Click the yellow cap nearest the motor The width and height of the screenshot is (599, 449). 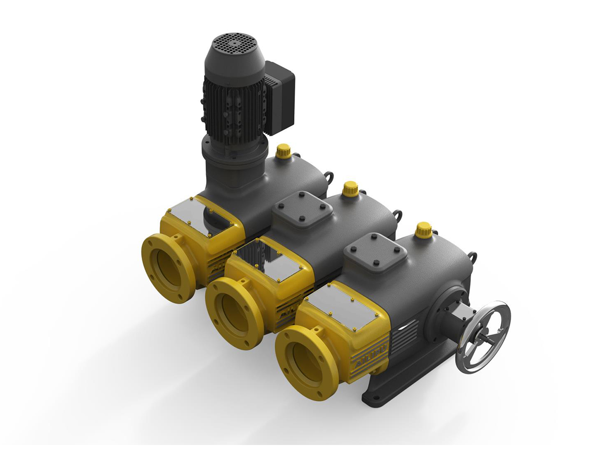[x=284, y=150]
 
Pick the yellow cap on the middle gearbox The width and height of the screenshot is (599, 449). [x=350, y=188]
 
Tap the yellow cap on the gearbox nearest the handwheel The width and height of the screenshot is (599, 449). [x=424, y=229]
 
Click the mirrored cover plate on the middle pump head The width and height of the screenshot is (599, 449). [x=270, y=258]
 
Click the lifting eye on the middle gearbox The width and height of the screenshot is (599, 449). [x=398, y=215]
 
